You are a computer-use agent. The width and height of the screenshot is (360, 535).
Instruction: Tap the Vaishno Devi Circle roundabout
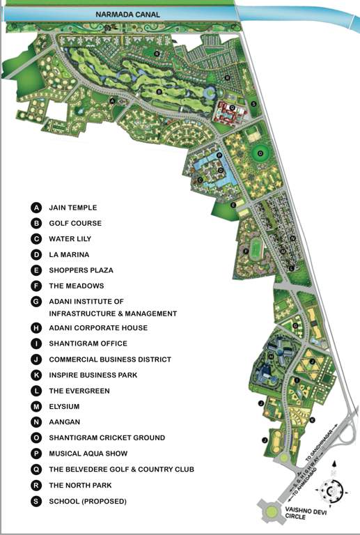272,513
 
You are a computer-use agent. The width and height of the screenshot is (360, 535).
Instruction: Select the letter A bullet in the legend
36,208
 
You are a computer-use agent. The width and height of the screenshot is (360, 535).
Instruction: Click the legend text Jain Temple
73,208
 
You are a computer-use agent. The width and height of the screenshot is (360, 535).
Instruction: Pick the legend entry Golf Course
75,224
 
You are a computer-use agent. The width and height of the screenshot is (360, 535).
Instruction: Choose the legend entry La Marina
69,255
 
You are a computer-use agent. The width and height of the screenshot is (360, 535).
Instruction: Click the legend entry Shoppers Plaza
81,270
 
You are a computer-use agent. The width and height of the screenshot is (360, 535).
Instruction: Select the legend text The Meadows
76,286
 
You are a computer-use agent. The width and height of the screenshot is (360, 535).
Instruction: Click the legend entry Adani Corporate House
98,327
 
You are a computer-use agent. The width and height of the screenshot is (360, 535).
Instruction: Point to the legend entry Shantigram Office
88,343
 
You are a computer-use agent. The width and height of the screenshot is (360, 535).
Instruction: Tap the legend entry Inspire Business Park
93,375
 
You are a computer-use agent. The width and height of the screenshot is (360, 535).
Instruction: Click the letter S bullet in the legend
36,501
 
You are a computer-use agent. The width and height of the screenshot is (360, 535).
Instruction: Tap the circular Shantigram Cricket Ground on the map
260,153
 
